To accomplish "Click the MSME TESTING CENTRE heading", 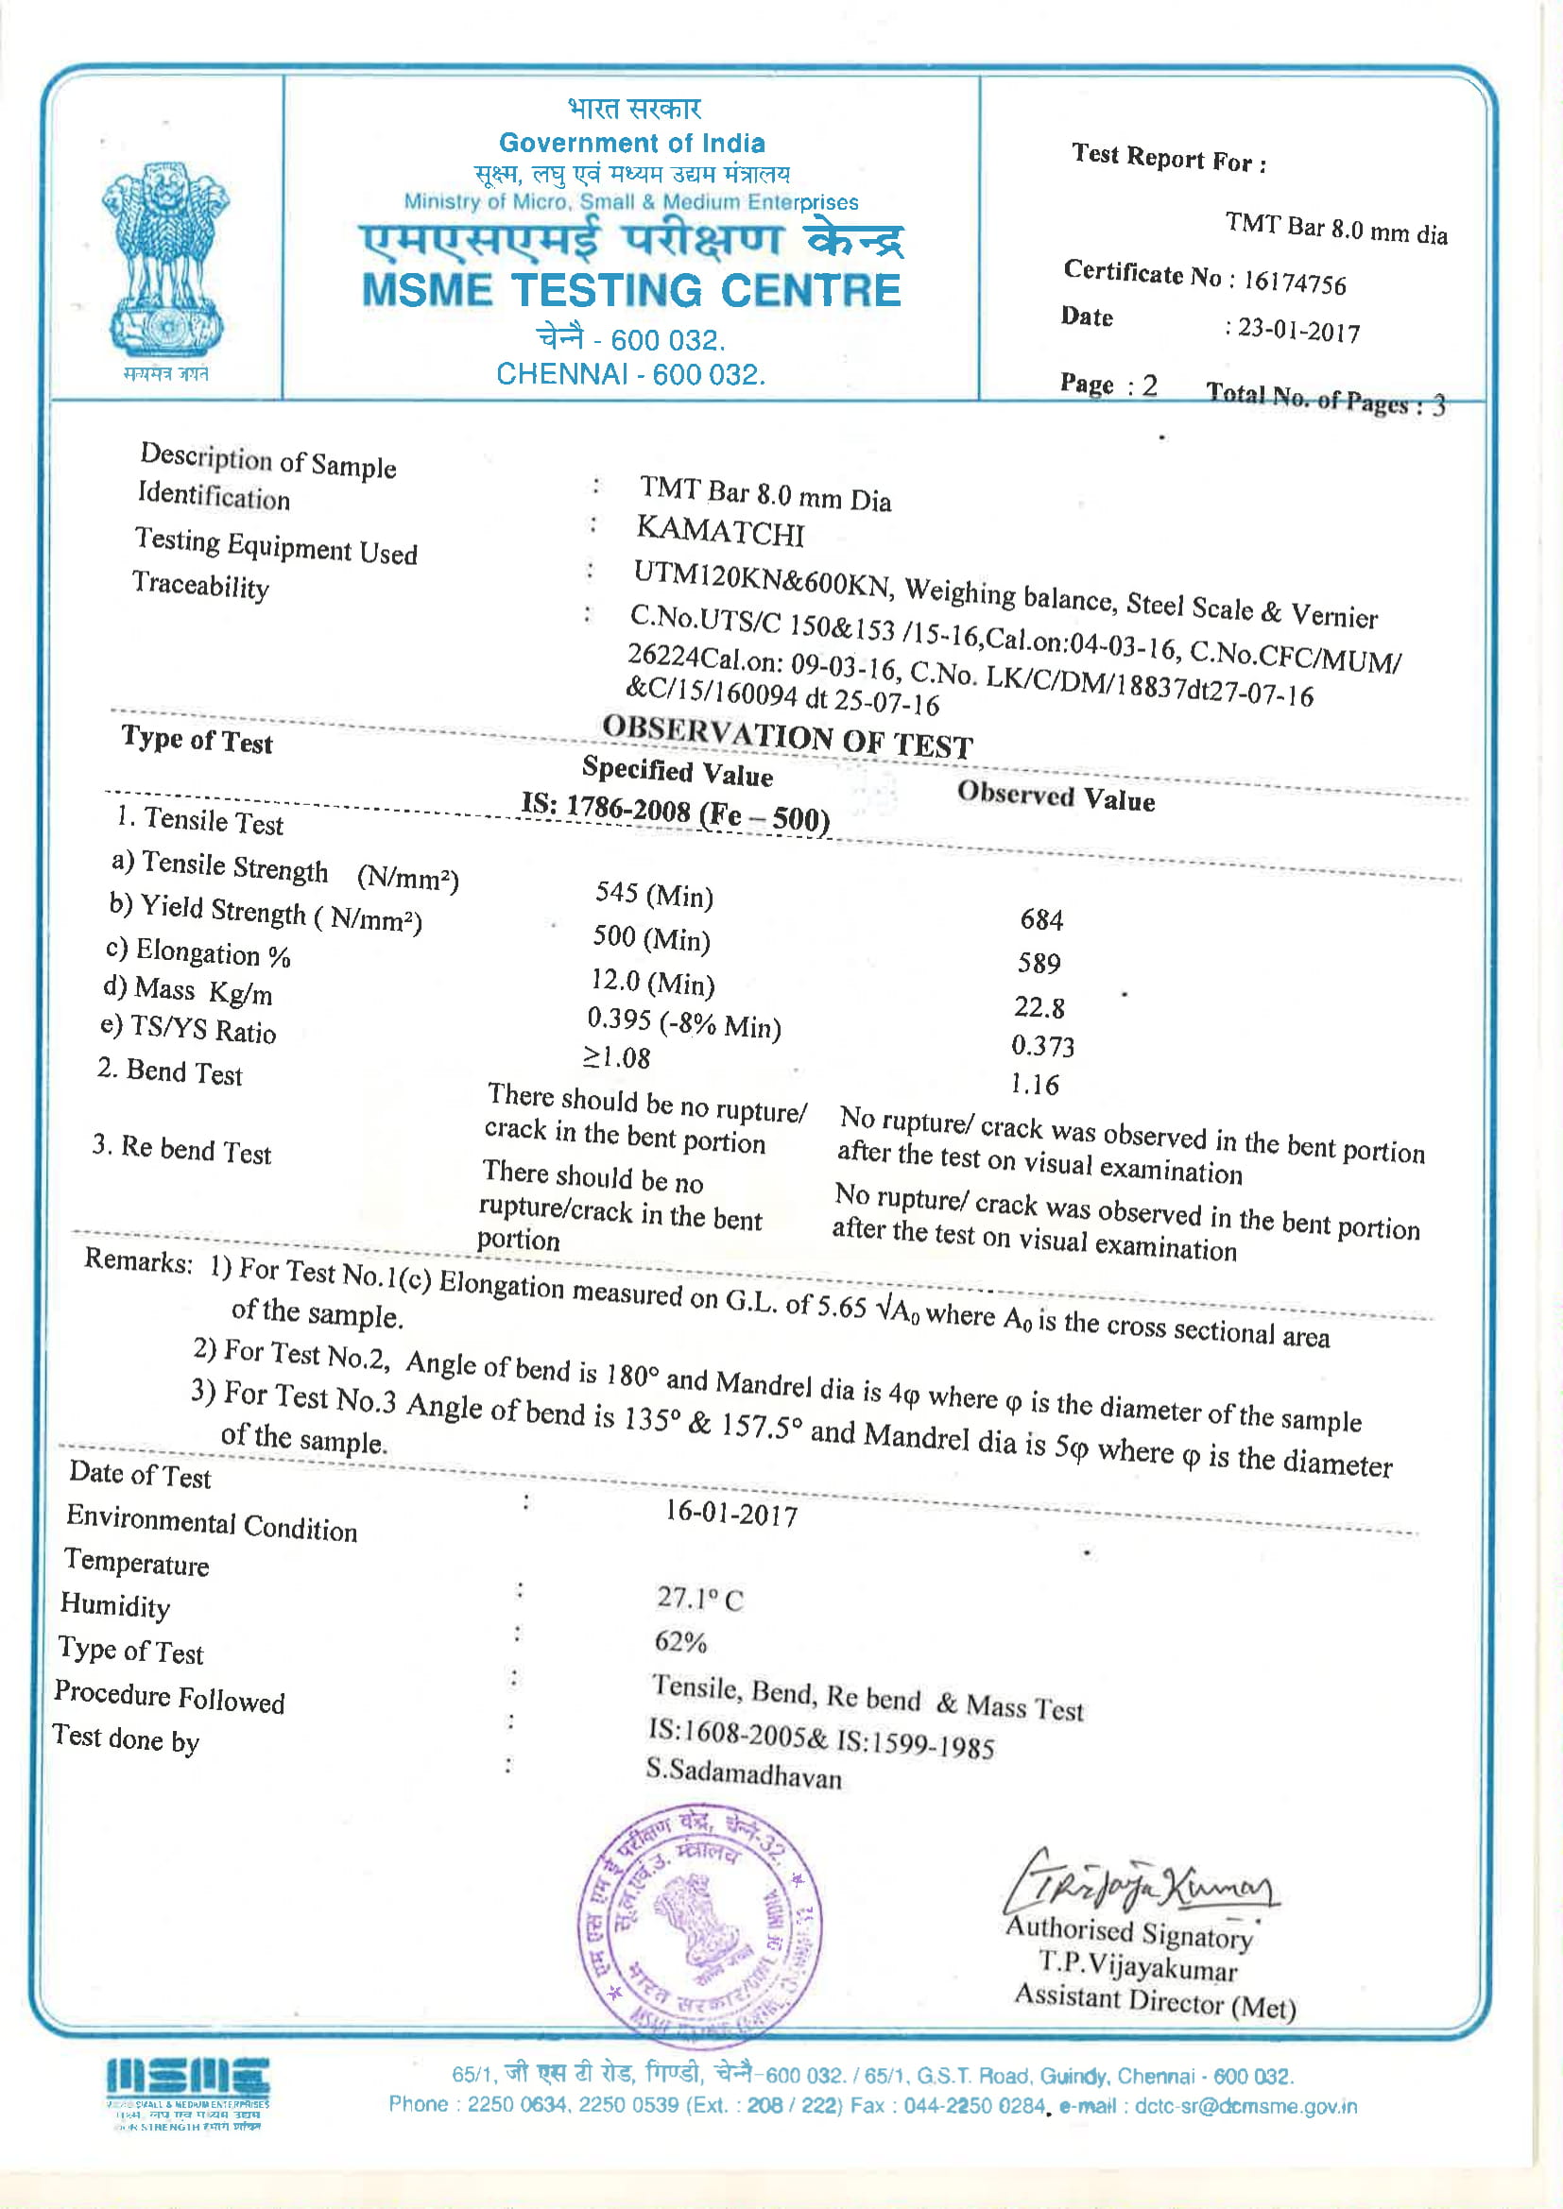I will tap(631, 291).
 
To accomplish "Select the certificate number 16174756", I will tap(1295, 282).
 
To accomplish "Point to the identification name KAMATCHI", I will tap(720, 532).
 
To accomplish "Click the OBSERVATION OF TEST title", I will tap(787, 736).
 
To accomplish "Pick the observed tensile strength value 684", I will tap(1041, 919).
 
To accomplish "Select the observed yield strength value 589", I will tap(1039, 963).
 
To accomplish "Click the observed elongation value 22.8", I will tap(1039, 1007).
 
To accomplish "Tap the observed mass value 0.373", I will tap(1042, 1046).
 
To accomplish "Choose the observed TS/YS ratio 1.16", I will tap(1035, 1085).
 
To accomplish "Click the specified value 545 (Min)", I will tap(654, 895).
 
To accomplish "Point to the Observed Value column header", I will tap(1056, 796).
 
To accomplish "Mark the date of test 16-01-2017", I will tap(731, 1514).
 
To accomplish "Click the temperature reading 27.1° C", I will tap(699, 1598).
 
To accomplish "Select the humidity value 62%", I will tap(680, 1641).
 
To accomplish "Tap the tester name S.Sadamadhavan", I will tap(743, 1772).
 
